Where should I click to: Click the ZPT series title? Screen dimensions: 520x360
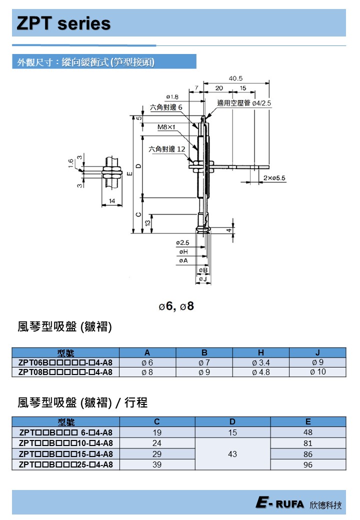pos(63,23)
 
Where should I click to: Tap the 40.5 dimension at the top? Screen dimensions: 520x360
pos(235,78)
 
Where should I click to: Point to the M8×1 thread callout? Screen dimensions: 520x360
pos(166,127)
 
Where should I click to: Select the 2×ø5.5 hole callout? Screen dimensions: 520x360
pos(274,178)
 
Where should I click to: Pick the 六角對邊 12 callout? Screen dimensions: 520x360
pos(167,149)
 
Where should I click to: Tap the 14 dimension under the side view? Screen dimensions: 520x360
pos(111,200)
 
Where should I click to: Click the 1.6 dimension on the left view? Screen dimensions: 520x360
pos(71,163)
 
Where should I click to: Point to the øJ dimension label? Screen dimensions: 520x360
pos(202,278)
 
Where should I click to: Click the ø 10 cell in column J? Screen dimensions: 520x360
pos(317,372)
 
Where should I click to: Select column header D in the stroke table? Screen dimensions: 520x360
pos(232,421)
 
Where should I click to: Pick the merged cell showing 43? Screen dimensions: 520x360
pos(232,454)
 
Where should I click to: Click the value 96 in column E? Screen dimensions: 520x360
pos(307,465)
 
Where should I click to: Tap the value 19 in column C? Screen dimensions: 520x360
pos(157,432)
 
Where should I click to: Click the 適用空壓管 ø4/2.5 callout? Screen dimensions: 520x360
pos(244,103)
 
